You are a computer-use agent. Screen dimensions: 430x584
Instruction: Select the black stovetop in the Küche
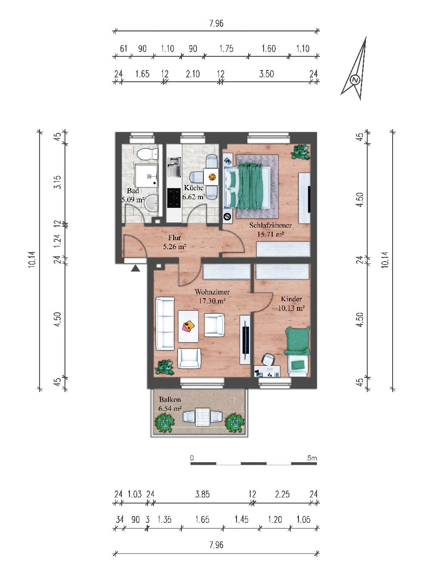[x=174, y=198]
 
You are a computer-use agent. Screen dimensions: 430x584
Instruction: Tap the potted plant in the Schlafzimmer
[x=301, y=151]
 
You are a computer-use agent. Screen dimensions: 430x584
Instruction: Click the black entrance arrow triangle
[x=135, y=268]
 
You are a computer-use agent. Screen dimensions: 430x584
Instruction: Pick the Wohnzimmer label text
[x=212, y=292]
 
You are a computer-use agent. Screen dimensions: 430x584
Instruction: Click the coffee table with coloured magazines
[x=188, y=326]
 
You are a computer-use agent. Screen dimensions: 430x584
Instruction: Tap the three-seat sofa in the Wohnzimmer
[x=165, y=324]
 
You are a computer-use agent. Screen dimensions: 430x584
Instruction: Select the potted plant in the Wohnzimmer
[x=164, y=368]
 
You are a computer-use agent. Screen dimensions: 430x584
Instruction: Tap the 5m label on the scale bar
[x=312, y=458]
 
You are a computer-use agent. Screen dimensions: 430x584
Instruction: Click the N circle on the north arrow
[x=355, y=80]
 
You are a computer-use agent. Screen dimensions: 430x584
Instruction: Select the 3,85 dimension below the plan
[x=203, y=494]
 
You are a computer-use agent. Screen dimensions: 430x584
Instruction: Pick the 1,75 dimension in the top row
[x=226, y=49]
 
